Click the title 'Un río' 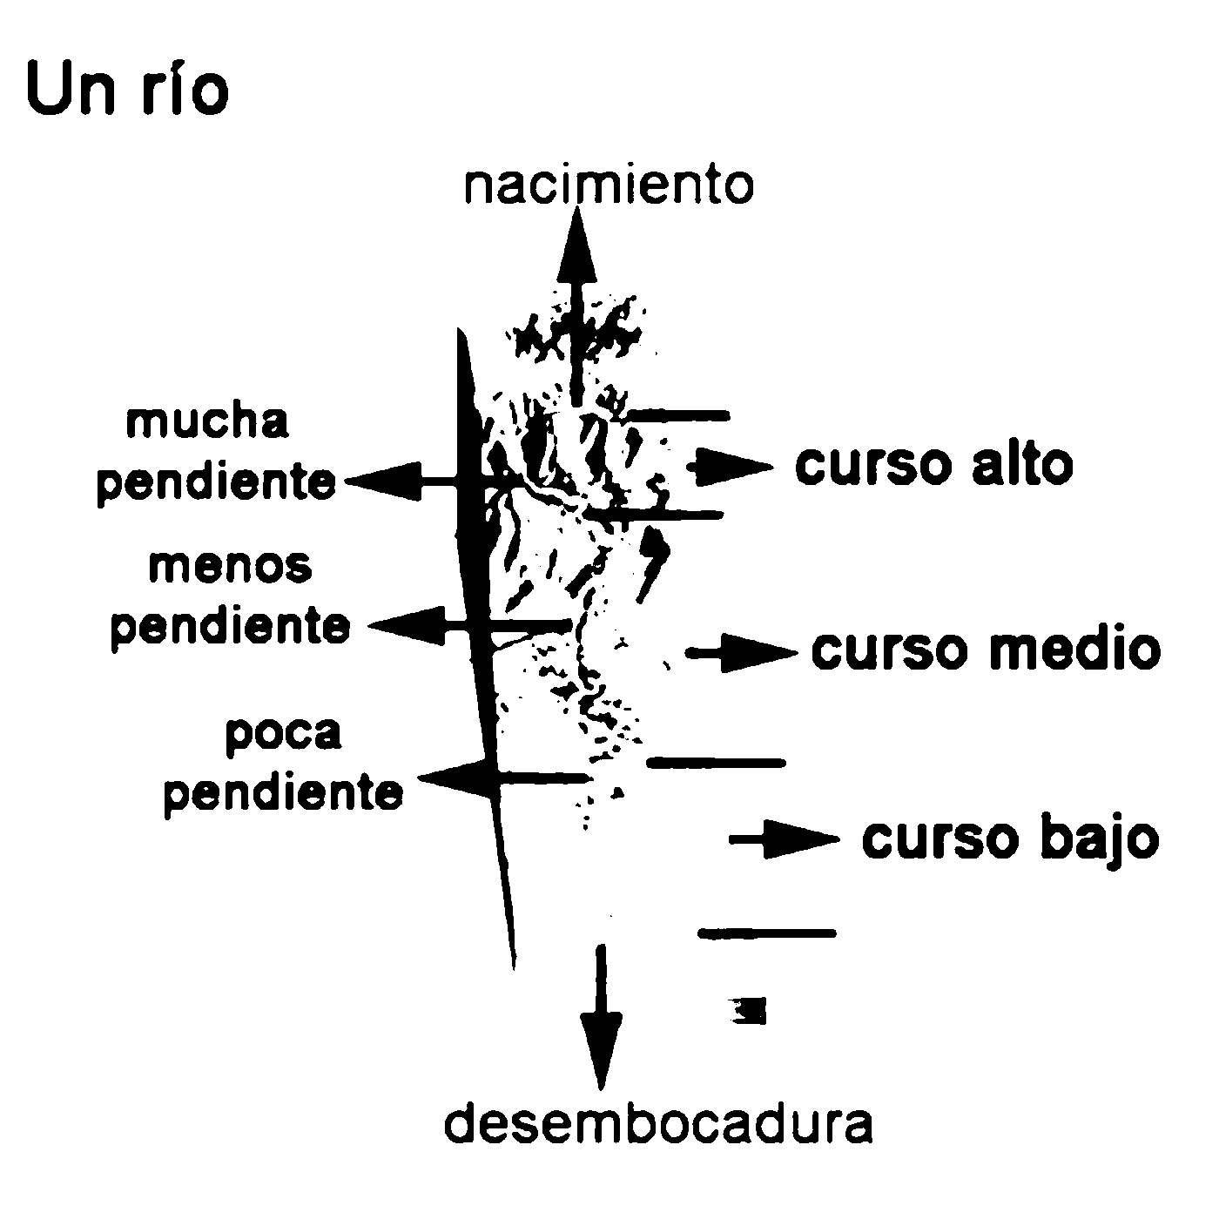click(x=127, y=90)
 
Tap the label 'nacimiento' click(x=609, y=185)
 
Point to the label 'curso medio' click(x=986, y=650)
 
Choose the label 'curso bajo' click(x=1010, y=838)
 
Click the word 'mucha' click(x=207, y=423)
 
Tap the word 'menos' click(x=230, y=566)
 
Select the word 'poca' click(x=283, y=733)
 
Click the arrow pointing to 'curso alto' click(x=730, y=468)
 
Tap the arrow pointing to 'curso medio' click(x=742, y=652)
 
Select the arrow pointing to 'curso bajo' click(x=784, y=838)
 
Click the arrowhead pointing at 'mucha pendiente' click(x=383, y=481)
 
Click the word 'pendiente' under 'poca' click(x=284, y=791)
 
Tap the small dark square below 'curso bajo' click(x=746, y=1010)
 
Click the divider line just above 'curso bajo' click(x=716, y=763)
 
